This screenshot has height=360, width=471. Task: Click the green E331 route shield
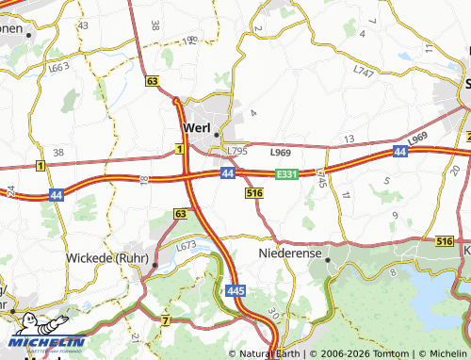287,174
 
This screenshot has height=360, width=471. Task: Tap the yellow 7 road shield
165,321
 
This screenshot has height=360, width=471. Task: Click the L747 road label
363,71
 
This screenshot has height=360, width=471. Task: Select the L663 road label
58,68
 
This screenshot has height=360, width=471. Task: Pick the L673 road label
186,246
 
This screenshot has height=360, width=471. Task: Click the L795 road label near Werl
236,150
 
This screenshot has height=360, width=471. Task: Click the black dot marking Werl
217,133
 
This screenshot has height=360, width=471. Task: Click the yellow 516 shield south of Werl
252,192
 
